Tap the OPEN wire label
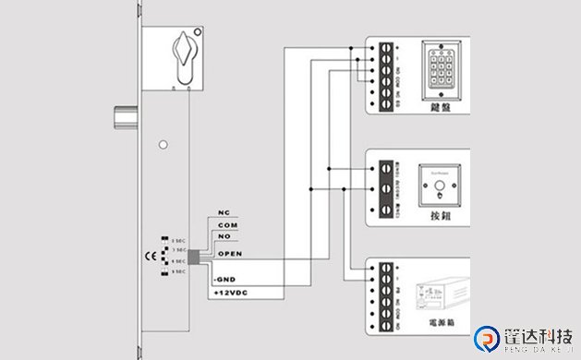[x=229, y=251]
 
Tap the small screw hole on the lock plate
[x=163, y=144]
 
